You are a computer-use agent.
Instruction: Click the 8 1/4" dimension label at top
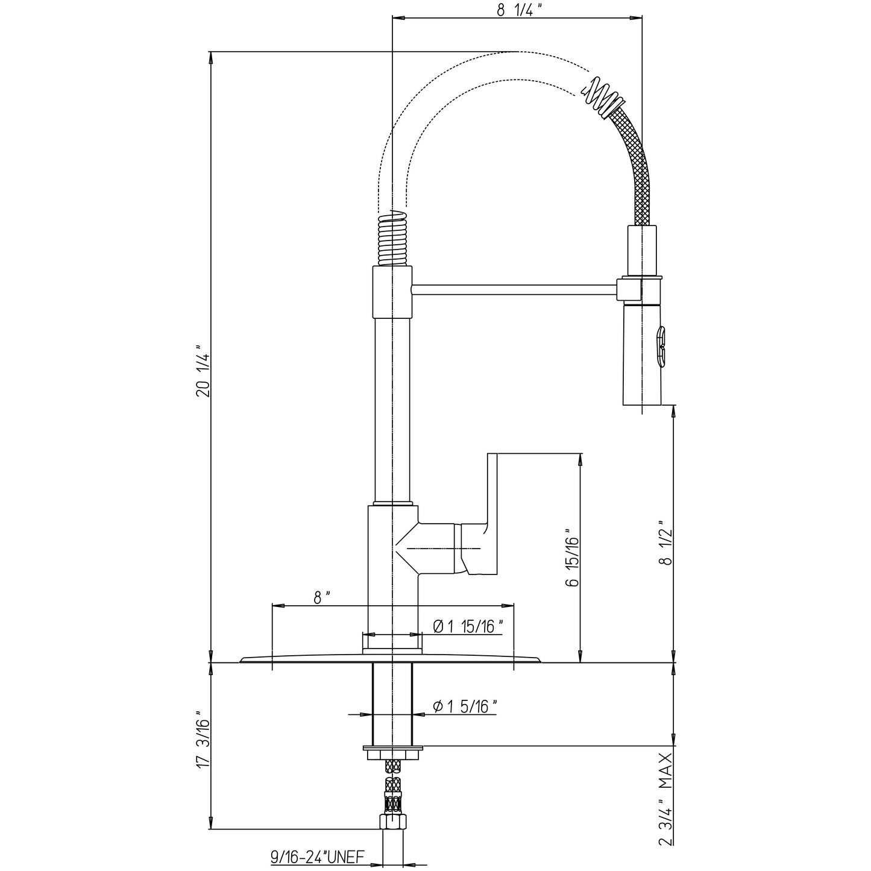click(516, 10)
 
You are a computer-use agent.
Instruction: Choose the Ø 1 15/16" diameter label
click(468, 626)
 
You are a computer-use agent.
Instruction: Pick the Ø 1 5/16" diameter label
click(465, 706)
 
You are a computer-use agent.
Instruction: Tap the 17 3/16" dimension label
click(203, 743)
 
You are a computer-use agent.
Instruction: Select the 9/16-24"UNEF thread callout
click(317, 856)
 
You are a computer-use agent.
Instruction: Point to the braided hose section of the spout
click(635, 167)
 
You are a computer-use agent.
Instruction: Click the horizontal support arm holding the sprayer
click(515, 290)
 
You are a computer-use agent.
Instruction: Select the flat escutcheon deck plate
click(391, 659)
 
